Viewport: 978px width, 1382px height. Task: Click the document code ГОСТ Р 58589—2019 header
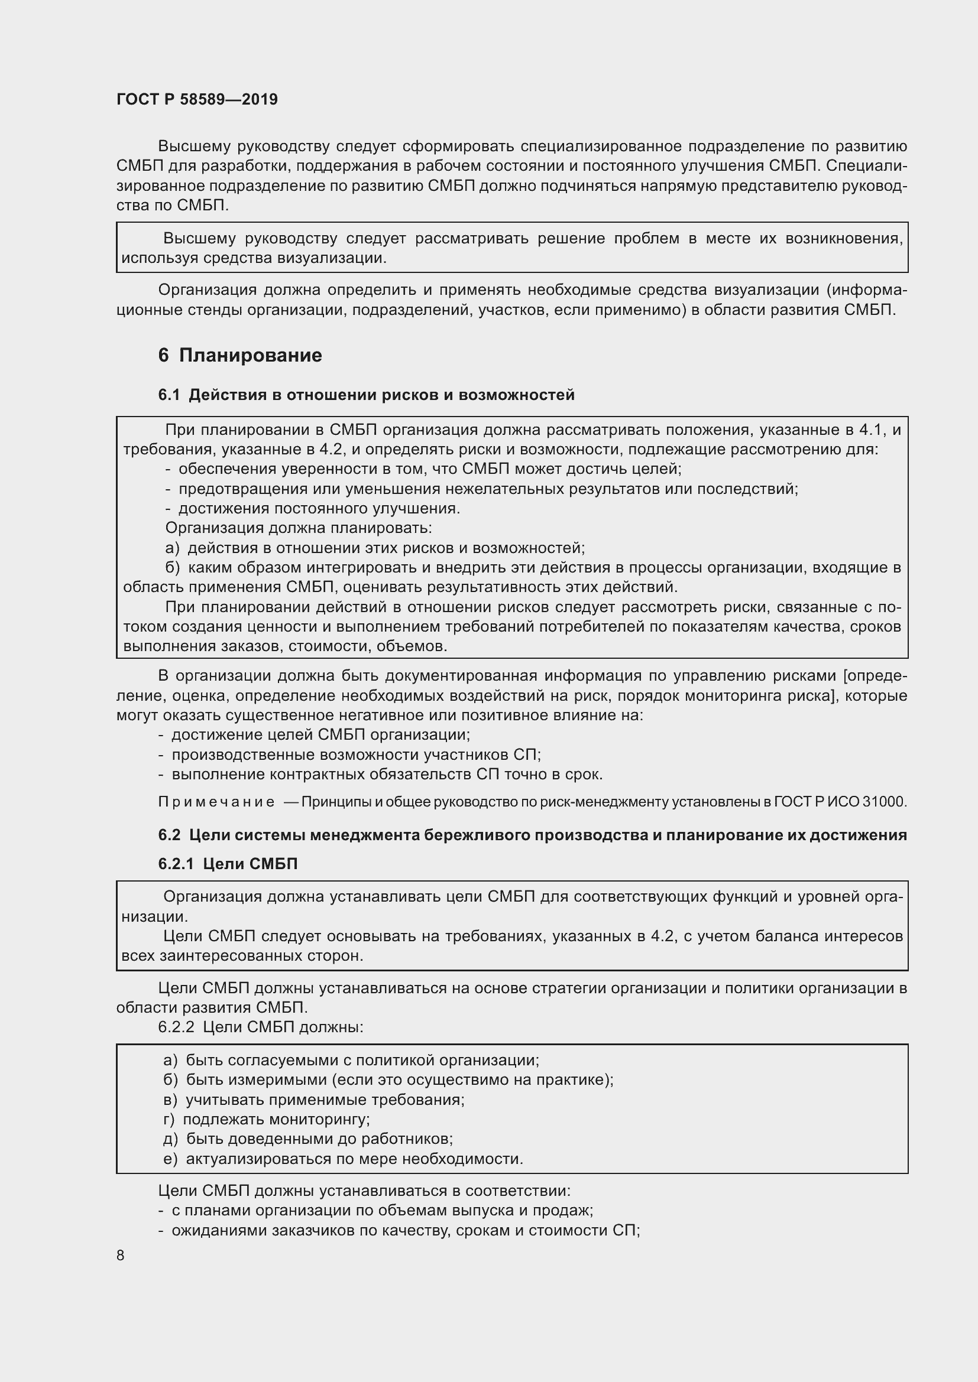click(197, 99)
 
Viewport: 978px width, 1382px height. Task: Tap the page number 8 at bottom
click(121, 1255)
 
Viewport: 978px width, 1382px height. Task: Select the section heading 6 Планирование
click(239, 355)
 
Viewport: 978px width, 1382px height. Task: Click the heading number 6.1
click(169, 395)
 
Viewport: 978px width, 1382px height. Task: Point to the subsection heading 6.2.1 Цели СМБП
click(228, 864)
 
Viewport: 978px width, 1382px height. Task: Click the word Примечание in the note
click(216, 802)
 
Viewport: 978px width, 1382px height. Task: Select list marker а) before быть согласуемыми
click(170, 1060)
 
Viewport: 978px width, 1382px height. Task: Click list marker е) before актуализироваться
click(170, 1159)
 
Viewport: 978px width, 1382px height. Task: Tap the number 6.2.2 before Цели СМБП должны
click(176, 1027)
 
